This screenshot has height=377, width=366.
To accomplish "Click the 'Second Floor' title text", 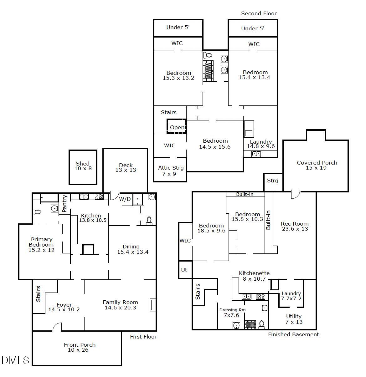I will [259, 13].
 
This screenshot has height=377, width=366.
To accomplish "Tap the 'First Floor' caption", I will [143, 337].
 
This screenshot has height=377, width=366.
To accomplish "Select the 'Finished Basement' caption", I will [293, 334].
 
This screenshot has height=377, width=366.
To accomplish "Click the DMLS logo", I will [15, 360].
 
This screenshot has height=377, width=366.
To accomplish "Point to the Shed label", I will [83, 164].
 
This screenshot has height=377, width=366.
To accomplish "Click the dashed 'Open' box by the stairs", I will [177, 127].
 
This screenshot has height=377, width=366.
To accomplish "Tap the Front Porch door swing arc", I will [57, 327].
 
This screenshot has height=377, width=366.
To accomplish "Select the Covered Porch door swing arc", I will [296, 194].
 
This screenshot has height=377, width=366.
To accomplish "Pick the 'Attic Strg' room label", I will [171, 168].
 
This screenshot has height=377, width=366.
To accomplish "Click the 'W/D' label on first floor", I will [125, 199].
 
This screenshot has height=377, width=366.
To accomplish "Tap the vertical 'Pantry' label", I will [64, 204].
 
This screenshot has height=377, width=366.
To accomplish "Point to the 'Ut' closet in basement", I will [184, 270].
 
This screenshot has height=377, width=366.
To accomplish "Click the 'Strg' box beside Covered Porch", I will [272, 181].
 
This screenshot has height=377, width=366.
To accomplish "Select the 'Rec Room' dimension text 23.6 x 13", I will [295, 229].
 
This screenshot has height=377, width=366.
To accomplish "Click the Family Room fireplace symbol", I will [152, 305].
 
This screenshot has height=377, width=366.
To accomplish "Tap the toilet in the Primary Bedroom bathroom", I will [37, 212].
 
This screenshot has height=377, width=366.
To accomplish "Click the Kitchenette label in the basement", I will [254, 273].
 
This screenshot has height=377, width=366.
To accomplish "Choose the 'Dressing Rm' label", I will [232, 310].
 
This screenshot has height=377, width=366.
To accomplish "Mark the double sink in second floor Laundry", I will [256, 154].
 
